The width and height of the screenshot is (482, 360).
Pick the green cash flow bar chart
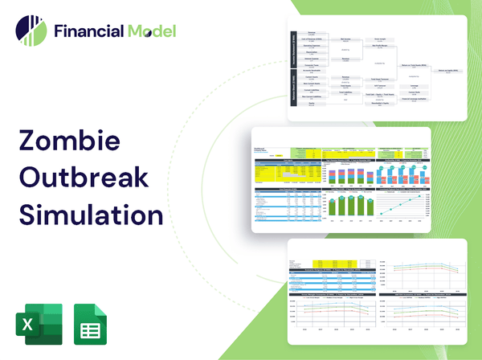tap(353, 206)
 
